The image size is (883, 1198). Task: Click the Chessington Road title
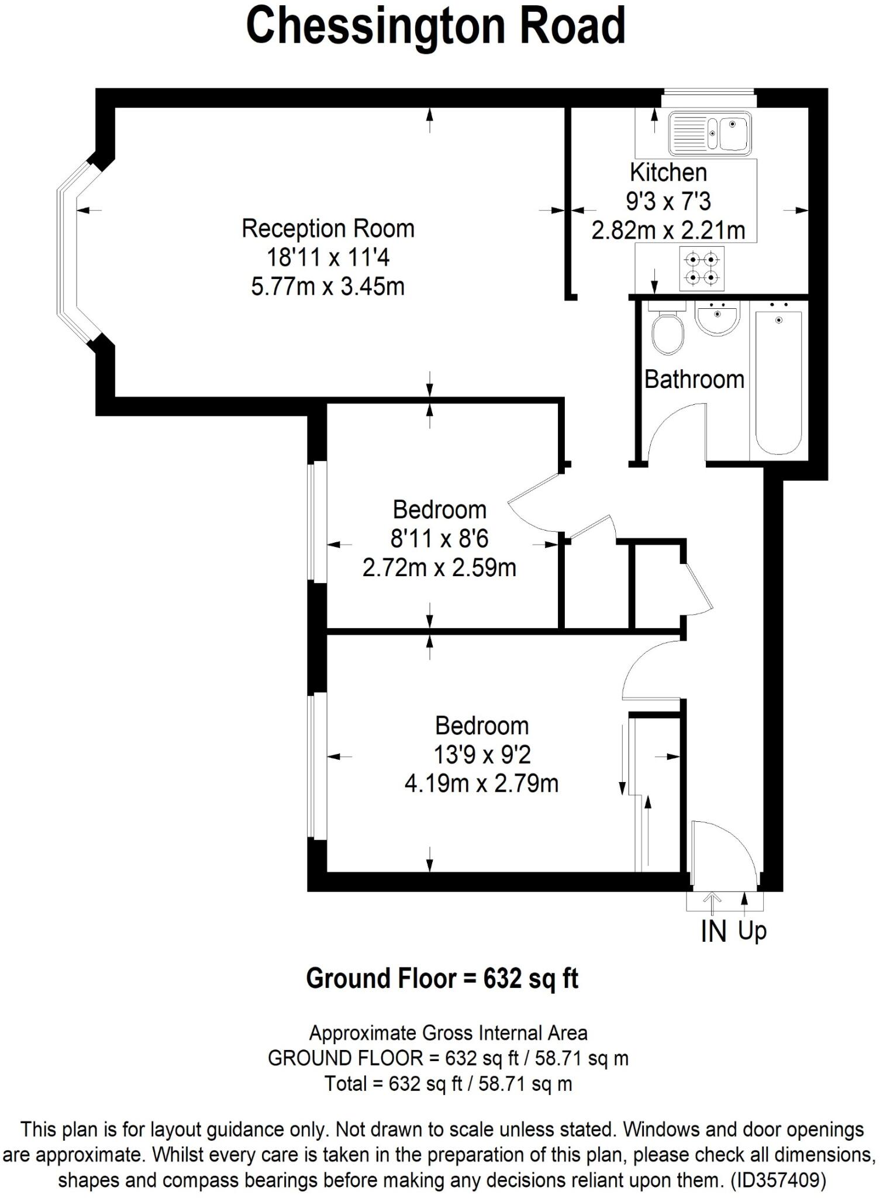[x=436, y=26]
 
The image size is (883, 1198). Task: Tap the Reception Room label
[x=327, y=229]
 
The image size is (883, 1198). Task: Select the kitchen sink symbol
[x=709, y=133]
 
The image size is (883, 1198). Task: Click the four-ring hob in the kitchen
[x=701, y=268]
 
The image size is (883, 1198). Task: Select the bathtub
[x=778, y=383]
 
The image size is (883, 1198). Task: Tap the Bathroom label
[x=694, y=380]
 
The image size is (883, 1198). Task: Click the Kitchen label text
[x=668, y=173]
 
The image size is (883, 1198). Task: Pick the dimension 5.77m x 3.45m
[x=327, y=287]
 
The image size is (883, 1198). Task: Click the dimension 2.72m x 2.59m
[x=439, y=567]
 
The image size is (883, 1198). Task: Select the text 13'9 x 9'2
[x=481, y=755]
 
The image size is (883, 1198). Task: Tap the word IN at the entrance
[x=713, y=932]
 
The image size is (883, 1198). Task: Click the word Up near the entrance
[x=752, y=930]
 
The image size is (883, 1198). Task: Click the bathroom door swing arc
[x=672, y=427]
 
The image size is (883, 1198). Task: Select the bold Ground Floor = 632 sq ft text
[x=442, y=978]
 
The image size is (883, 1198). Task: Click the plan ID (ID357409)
[x=779, y=1180]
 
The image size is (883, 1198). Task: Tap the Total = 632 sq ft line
[x=448, y=1084]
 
